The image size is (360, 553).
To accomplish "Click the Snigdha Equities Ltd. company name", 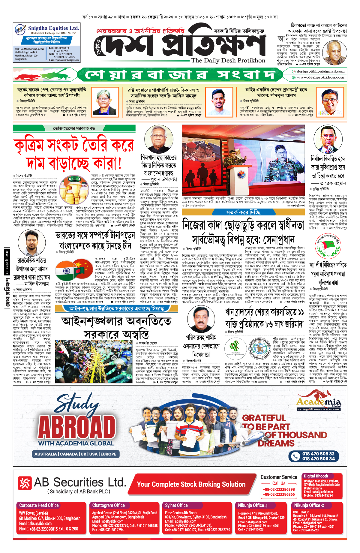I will coord(53,28).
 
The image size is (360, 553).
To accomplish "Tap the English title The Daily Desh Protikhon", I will coord(228,61).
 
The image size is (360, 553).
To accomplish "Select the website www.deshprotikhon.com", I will coord(320,77).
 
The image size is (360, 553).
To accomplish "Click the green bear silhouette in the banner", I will coord(55,73).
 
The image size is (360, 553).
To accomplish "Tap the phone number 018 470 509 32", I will coord(318,454).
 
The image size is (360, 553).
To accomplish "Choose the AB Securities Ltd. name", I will coord(80,482).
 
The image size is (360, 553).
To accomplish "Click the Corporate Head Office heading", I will coord(39,505).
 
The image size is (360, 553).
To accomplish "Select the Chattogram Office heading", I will coord(108,505).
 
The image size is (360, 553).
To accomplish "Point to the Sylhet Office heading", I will coord(176,505).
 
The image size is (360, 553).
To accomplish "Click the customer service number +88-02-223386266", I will coord(279,494).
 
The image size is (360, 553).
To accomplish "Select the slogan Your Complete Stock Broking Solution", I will coord(191,484).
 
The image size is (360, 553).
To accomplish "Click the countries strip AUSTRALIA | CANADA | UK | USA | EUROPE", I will coord(75,454).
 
